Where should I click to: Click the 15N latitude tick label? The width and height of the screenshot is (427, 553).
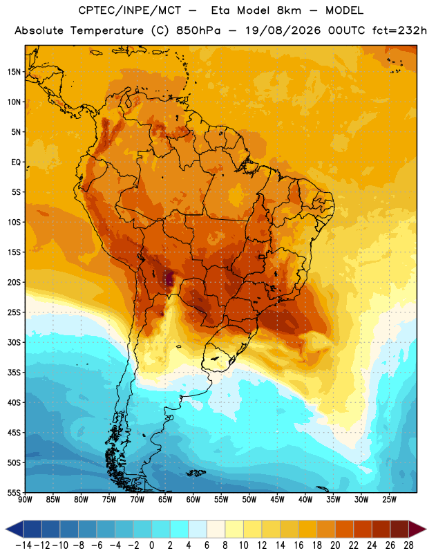[x=14, y=72]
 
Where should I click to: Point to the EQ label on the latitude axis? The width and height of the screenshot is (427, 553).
[x=16, y=162]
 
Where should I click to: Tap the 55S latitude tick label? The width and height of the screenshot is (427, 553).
[x=14, y=492]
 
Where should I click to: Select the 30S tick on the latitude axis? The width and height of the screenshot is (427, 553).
[x=14, y=342]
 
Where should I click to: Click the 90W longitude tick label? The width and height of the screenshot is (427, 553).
[x=26, y=500]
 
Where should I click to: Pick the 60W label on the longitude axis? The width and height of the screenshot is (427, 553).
[x=193, y=500]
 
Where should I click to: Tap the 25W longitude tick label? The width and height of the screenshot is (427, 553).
[x=389, y=500]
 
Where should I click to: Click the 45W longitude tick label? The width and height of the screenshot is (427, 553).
[x=277, y=500]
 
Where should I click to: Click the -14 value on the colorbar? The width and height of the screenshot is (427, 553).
[x=23, y=545]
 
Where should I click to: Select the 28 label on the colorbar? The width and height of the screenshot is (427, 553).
[x=408, y=545]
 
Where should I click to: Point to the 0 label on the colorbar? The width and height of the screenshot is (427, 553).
[x=151, y=545]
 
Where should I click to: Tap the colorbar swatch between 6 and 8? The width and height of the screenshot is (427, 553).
[x=216, y=529]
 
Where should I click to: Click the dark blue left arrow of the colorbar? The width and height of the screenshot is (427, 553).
[x=15, y=529]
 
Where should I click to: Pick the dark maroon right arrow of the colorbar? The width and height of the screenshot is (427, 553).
[x=417, y=529]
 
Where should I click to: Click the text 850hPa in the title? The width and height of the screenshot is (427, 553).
[x=198, y=30]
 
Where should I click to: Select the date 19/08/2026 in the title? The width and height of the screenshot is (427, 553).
[x=283, y=30]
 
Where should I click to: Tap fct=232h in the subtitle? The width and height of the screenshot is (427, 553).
[x=399, y=30]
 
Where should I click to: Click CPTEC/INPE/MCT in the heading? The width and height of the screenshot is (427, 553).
[x=129, y=10]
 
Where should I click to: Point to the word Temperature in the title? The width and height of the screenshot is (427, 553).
[x=107, y=30]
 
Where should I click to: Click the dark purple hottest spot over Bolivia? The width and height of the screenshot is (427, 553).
[x=169, y=278]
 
